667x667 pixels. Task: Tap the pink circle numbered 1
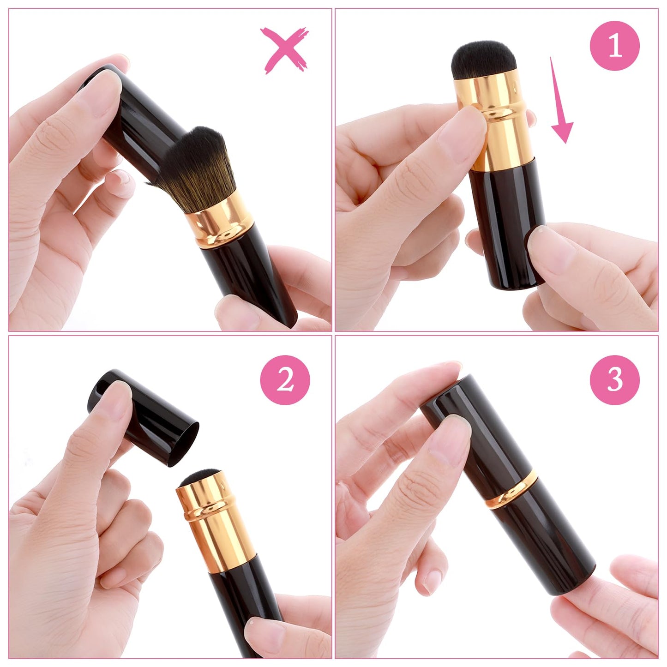point(615,46)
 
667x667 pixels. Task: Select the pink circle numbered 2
point(285,380)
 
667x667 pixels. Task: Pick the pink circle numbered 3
point(615,380)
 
